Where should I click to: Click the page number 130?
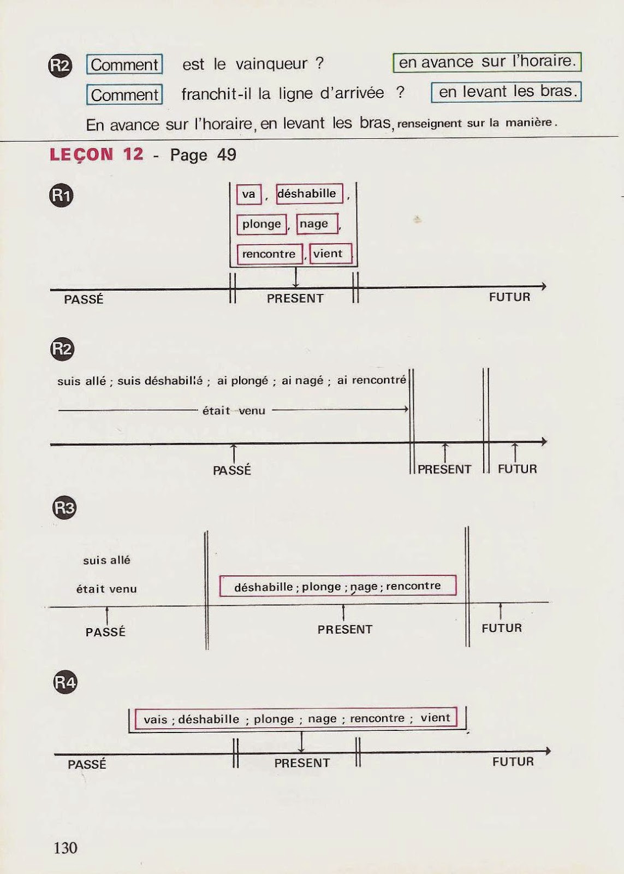click(66, 847)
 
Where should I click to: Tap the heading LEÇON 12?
click(96, 155)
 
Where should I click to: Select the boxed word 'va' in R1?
click(249, 194)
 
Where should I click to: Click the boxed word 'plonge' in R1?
click(262, 225)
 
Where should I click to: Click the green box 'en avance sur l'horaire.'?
click(487, 62)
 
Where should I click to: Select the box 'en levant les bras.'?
click(506, 92)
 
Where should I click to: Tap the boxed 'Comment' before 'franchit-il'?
click(124, 95)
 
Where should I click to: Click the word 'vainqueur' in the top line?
click(271, 64)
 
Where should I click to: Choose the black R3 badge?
click(64, 508)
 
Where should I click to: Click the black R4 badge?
click(65, 682)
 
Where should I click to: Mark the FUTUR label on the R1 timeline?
click(509, 297)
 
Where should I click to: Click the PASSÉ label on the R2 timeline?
click(232, 470)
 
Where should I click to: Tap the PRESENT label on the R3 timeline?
click(344, 629)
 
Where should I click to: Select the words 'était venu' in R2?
click(234, 411)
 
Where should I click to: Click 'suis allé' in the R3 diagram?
click(106, 560)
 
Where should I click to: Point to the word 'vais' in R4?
click(155, 719)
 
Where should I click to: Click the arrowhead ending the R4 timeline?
click(548, 751)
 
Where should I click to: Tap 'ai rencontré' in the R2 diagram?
click(371, 380)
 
